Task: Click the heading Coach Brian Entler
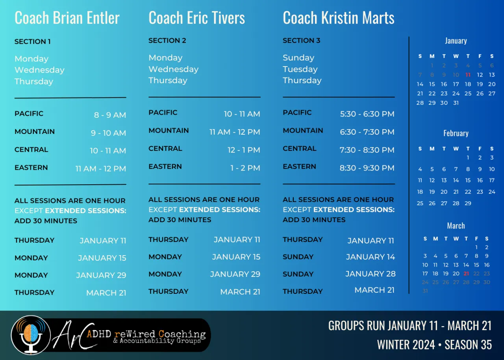point(67,18)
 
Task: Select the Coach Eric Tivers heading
point(196,18)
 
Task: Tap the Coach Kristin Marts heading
point(339,18)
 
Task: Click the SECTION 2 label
point(167,41)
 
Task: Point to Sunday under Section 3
point(298,58)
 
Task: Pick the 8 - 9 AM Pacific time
point(110,115)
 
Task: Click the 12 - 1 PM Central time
point(244,150)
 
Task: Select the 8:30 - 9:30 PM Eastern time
point(367,168)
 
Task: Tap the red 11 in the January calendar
point(468,75)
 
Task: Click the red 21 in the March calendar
point(466,274)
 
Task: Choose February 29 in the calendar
point(468,203)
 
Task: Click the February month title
point(456,133)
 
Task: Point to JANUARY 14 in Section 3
point(371,257)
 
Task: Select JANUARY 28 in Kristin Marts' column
point(371,274)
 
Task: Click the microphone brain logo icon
point(31,335)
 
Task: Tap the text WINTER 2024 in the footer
point(406,345)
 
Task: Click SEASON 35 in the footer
point(468,345)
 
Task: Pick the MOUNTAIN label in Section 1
point(35,132)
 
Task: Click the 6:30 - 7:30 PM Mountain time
point(367,132)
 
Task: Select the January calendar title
point(456,41)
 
